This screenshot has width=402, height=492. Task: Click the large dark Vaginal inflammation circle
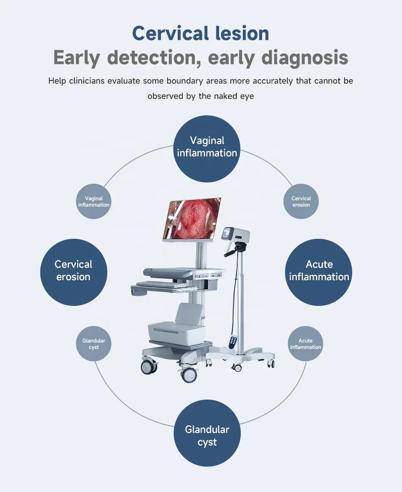[207, 149]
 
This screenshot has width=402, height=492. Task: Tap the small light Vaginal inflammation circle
[94, 201]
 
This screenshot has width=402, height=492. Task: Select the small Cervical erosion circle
[301, 201]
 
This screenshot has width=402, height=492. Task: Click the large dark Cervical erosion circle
[74, 272]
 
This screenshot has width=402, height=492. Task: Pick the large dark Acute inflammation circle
[319, 272]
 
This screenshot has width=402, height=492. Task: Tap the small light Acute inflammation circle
[306, 344]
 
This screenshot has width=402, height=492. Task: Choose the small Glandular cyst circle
[94, 344]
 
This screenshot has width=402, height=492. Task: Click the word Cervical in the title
[170, 33]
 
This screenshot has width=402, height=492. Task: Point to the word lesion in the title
[242, 33]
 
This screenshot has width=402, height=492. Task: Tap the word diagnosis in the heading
[305, 58]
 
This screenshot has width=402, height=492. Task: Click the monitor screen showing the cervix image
[192, 219]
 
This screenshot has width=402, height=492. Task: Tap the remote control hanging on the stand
[233, 342]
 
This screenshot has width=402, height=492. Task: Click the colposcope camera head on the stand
[236, 234]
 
